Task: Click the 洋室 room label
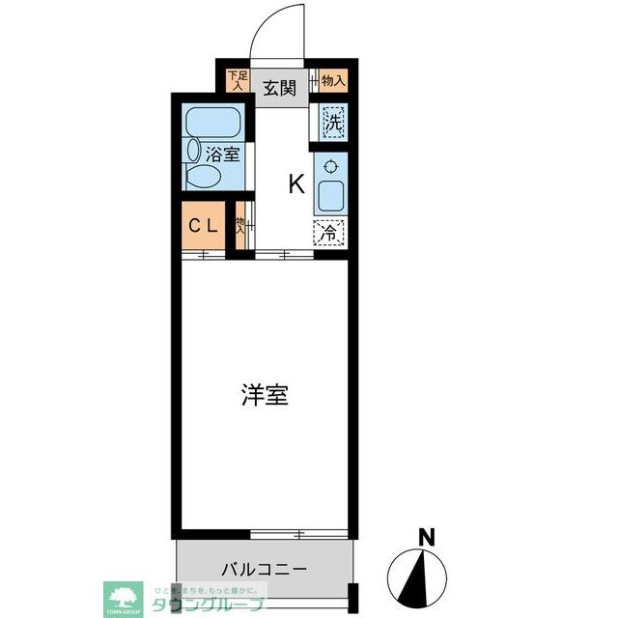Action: tap(265, 395)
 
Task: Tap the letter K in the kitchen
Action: tap(296, 184)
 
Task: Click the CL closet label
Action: tap(202, 227)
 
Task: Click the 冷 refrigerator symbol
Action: tap(329, 233)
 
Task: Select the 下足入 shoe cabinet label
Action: tap(235, 80)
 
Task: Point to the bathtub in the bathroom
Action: tap(212, 124)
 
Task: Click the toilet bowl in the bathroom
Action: tap(202, 177)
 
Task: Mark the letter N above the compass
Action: tap(424, 536)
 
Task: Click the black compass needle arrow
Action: tap(422, 576)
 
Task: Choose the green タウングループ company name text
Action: tap(207, 604)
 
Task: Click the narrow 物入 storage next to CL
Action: tap(240, 226)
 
